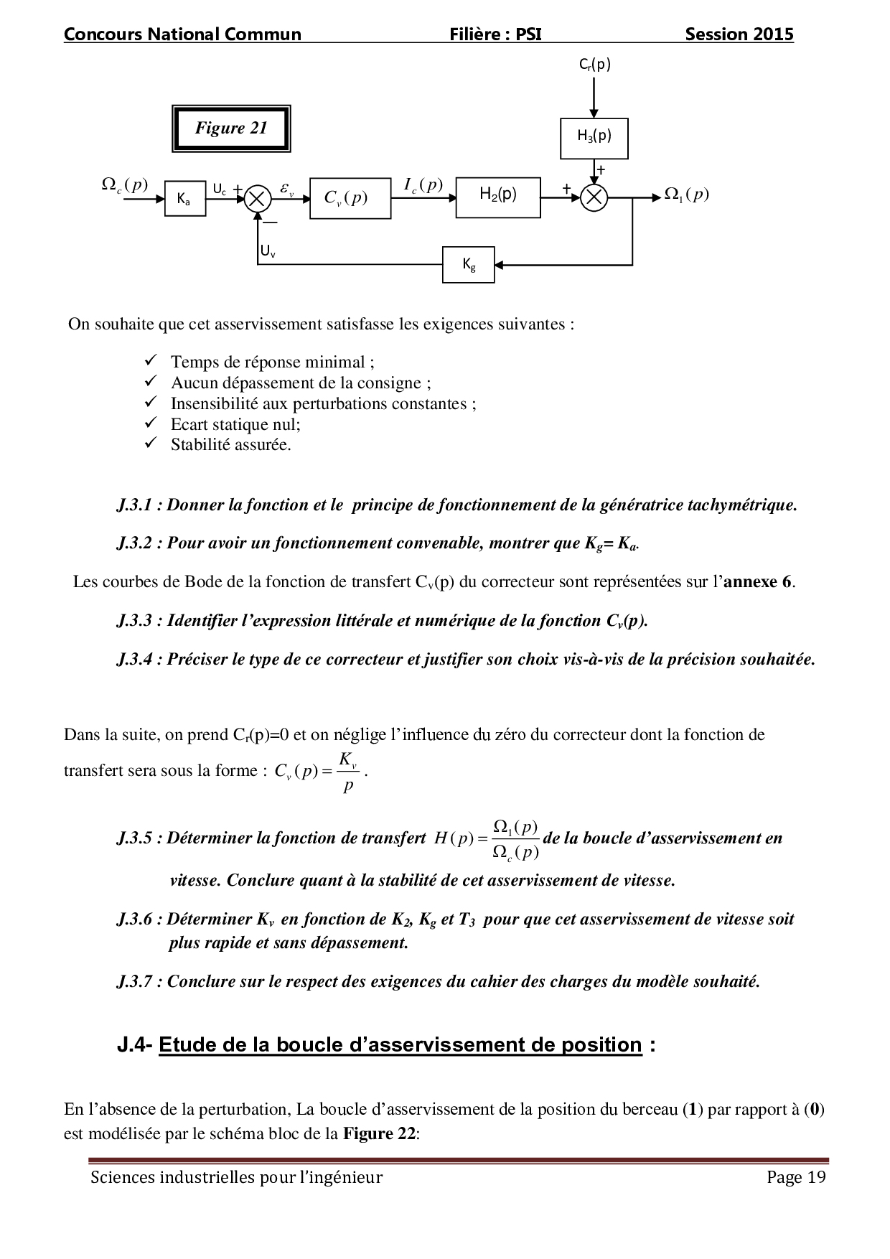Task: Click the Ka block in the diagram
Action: click(x=185, y=199)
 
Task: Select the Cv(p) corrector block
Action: click(x=350, y=198)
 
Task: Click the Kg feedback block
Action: click(x=468, y=265)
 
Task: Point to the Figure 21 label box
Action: click(x=231, y=128)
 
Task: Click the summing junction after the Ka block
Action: click(x=257, y=198)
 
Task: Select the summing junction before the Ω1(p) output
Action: click(x=594, y=197)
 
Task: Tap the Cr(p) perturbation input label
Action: click(x=595, y=65)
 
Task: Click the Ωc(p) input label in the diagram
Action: click(x=125, y=184)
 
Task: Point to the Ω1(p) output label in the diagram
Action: click(x=686, y=194)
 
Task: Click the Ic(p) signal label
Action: click(x=423, y=185)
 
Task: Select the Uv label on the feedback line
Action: click(x=268, y=251)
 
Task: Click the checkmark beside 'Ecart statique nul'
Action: click(x=151, y=423)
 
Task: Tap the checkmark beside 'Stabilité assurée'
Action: click(x=151, y=443)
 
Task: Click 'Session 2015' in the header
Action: click(x=739, y=34)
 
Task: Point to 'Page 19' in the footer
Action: click(x=796, y=1177)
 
